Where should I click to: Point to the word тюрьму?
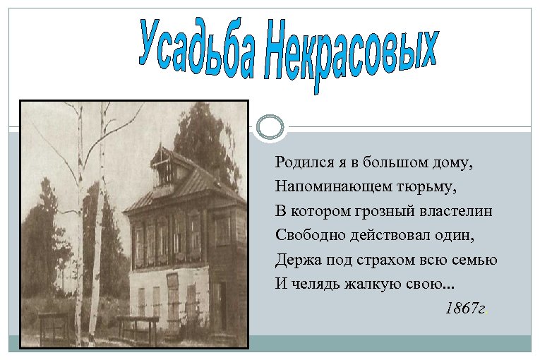pos(432,187)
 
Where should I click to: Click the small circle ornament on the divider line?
pos(270,127)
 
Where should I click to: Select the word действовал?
pos(386,235)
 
